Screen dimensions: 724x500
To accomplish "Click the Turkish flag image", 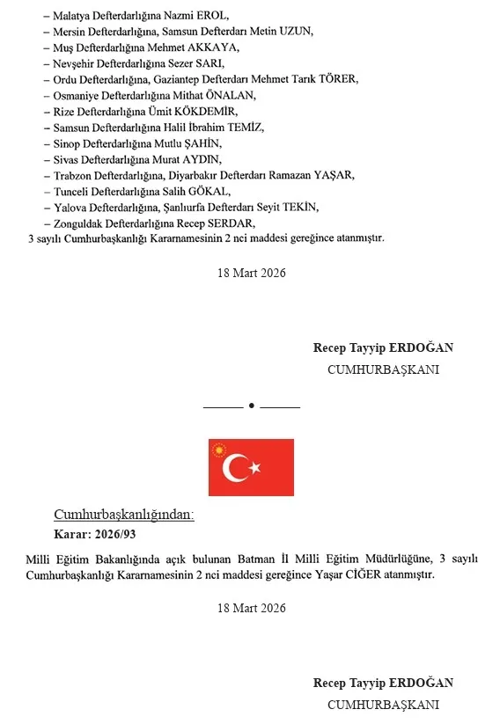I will coord(251,467).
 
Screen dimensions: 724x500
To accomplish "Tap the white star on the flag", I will coord(256,468).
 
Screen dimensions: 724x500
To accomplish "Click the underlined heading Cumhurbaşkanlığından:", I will coord(124,516).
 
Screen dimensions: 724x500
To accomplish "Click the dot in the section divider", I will coord(251,406).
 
